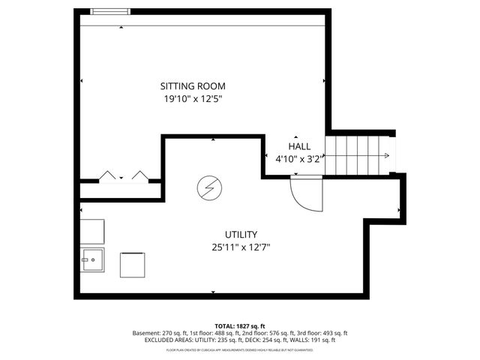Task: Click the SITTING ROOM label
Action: point(193,86)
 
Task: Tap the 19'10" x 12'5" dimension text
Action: point(193,99)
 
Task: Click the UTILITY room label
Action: point(241,235)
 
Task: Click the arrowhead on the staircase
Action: point(385,156)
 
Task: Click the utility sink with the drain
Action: point(92,262)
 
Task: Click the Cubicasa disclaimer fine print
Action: point(240,349)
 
